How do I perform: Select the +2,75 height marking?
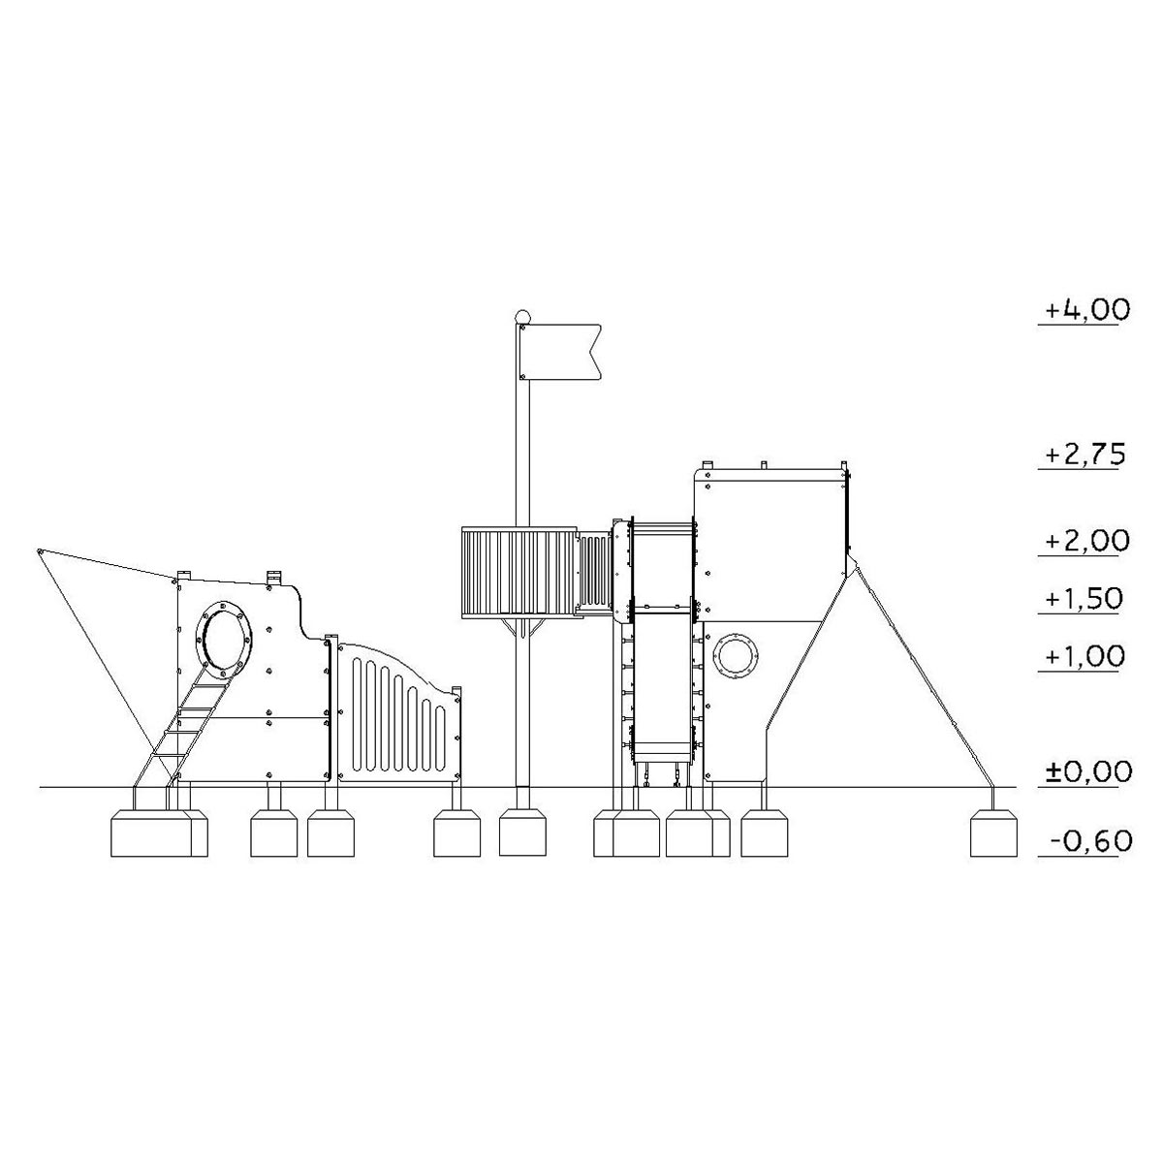pos(1086,456)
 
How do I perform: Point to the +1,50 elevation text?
pos(1084,599)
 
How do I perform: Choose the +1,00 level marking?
pos(1085,656)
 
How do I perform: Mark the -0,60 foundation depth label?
pos(1090,841)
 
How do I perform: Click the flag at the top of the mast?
pos(560,352)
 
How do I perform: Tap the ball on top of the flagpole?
pos(522,316)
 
